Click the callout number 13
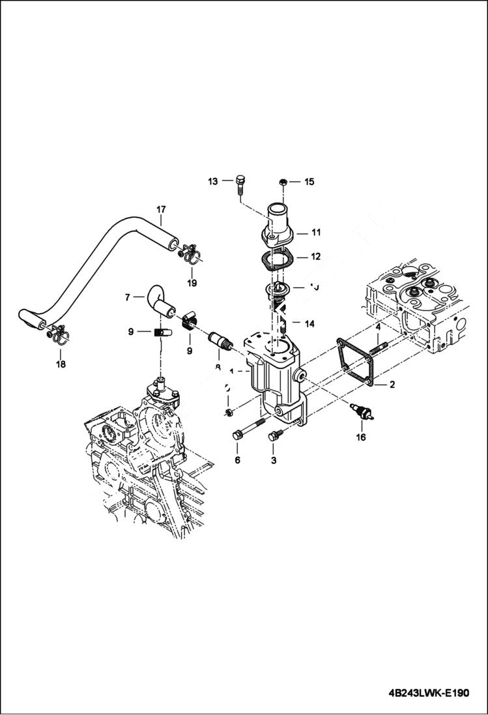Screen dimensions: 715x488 212,181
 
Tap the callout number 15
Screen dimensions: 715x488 309,182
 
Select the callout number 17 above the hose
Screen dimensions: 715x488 160,209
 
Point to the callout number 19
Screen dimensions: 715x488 192,283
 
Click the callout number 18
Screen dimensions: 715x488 60,364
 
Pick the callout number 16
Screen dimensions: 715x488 360,438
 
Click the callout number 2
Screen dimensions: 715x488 392,385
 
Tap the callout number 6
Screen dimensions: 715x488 237,460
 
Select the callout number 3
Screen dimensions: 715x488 273,460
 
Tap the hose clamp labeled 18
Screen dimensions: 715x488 57,334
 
